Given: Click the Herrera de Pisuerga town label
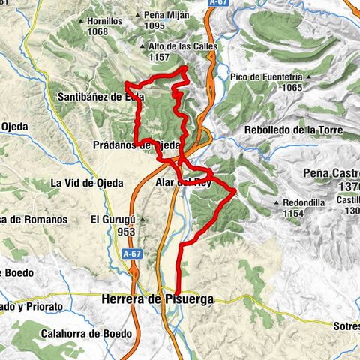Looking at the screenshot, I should click(157, 299).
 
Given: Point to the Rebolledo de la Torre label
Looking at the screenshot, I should click(294, 130).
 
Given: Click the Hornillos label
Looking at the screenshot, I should click(104, 22).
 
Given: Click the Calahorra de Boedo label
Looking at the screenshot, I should click(88, 333).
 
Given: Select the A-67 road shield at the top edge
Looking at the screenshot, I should click(219, 3).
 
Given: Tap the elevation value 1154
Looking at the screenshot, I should click(297, 214).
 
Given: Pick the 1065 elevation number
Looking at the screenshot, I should click(307, 87).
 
